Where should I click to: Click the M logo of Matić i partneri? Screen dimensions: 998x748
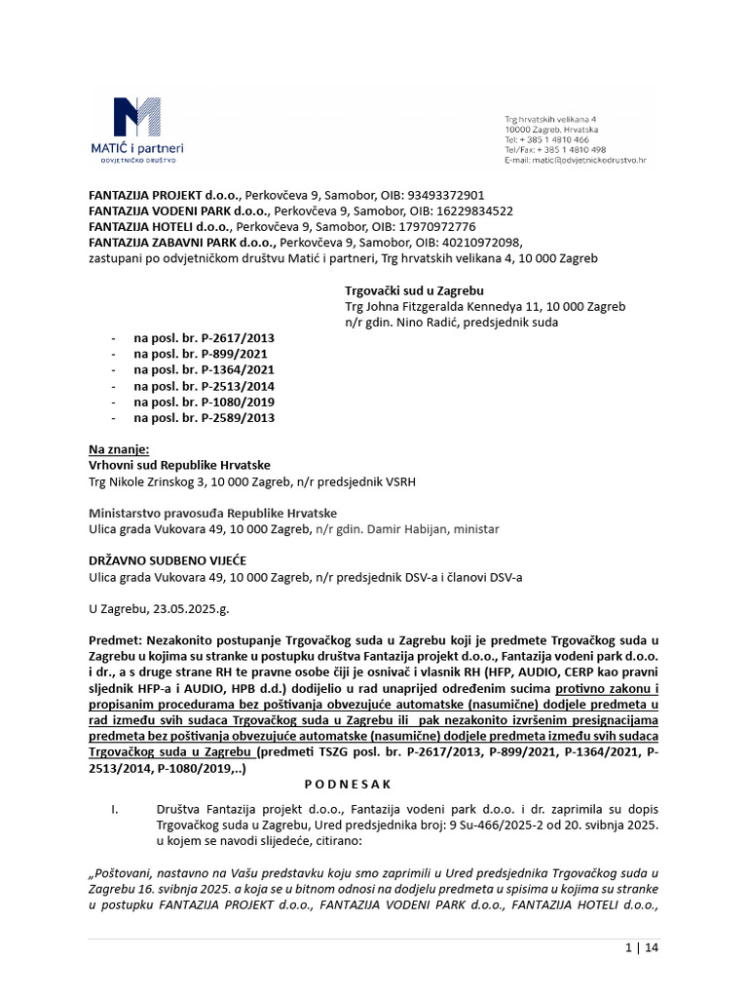click(136, 117)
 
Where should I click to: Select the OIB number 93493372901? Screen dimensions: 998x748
click(443, 195)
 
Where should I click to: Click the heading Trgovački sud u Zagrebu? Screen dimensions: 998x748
click(414, 290)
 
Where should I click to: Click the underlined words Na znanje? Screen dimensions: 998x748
click(119, 449)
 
